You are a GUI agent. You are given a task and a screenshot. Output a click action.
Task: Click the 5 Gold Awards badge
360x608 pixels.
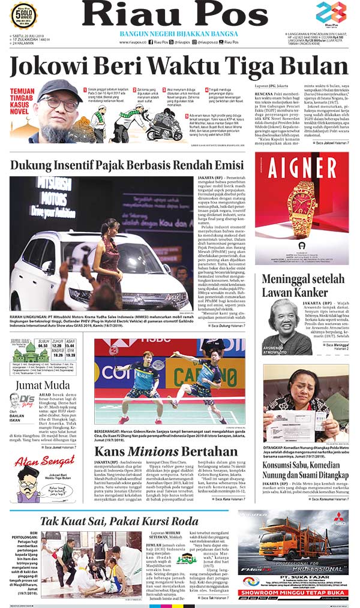click(23, 16)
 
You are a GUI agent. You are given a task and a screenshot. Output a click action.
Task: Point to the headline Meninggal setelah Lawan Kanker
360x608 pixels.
click(303, 286)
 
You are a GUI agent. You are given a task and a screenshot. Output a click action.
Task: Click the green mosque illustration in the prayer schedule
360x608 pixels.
click(23, 354)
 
